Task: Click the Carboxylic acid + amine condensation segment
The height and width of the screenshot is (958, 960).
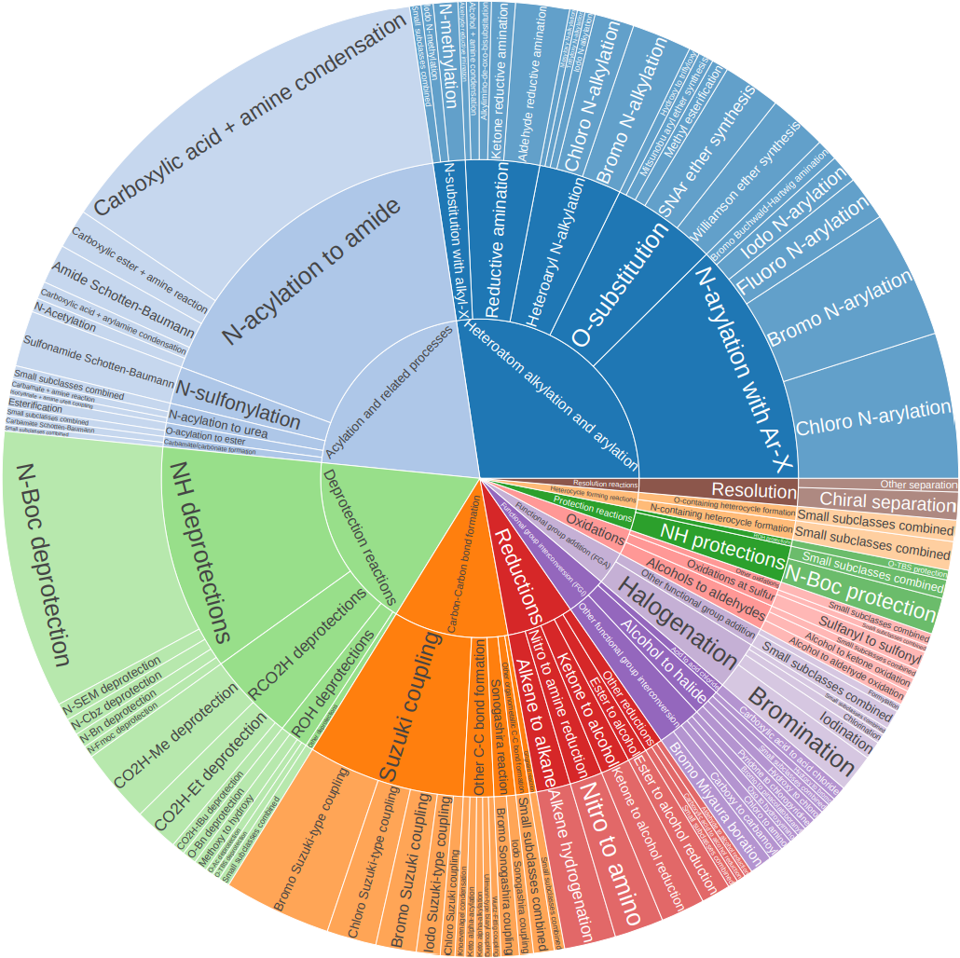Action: click(252, 112)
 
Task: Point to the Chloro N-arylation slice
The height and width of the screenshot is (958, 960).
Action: click(871, 410)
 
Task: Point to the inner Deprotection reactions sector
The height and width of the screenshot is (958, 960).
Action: click(359, 531)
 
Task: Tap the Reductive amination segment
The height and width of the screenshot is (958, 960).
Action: click(499, 242)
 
